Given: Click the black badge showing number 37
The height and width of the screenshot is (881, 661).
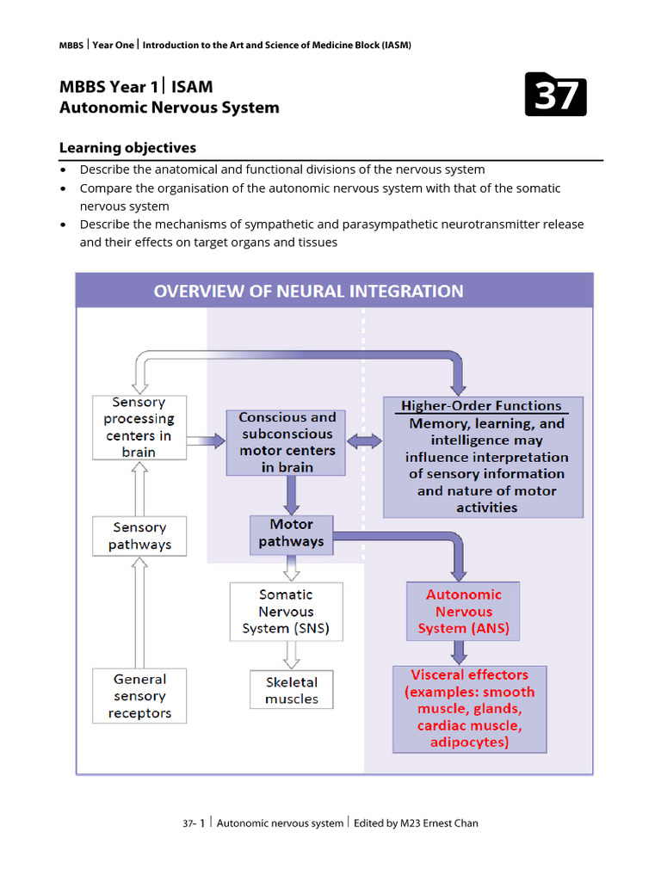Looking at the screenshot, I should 555,95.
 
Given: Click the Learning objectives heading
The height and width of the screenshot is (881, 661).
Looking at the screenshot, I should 127,148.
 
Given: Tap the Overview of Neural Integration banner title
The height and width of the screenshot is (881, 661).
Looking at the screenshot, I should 308,291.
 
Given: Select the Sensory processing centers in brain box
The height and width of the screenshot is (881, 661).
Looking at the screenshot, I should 139,427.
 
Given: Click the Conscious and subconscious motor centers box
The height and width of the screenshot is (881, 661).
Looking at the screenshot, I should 287,442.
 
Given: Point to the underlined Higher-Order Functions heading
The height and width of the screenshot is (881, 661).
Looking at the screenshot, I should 481,406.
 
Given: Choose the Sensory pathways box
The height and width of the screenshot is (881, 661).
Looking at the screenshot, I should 139,536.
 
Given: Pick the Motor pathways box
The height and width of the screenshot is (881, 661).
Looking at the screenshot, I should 291,533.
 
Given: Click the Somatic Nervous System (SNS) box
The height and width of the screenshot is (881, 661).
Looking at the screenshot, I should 286,612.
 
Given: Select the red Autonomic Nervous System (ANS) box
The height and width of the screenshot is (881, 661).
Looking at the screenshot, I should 463,612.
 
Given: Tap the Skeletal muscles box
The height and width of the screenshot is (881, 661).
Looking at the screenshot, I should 291,690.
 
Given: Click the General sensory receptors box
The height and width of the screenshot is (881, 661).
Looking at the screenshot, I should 139,696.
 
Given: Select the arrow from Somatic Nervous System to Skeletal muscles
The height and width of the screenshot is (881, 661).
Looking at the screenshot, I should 292,655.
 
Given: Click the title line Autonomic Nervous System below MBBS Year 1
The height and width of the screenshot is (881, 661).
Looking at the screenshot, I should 169,108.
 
